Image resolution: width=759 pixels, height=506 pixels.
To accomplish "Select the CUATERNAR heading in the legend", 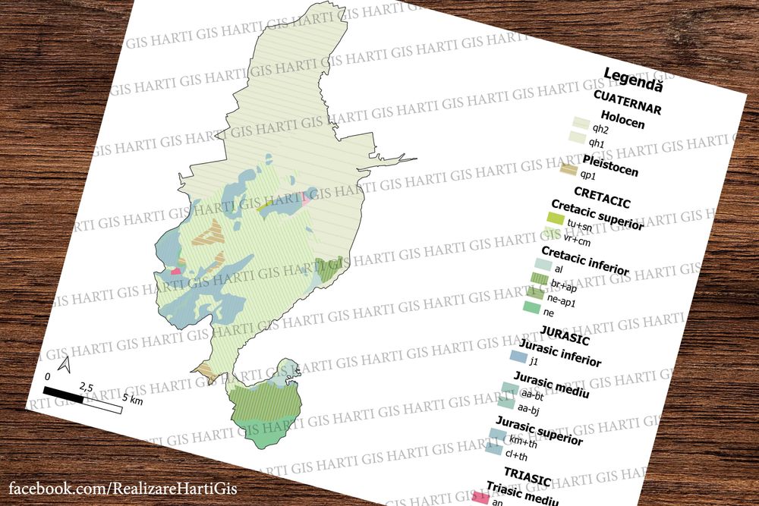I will click(x=627, y=102).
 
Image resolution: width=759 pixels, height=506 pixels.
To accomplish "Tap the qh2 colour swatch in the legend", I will click(x=581, y=123).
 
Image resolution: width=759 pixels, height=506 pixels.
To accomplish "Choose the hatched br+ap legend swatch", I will click(x=540, y=279).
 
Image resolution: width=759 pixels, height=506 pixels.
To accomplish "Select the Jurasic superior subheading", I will click(x=540, y=430).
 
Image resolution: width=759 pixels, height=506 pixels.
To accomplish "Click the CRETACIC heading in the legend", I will click(x=603, y=199).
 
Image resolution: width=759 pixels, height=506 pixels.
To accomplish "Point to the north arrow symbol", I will click(x=65, y=364).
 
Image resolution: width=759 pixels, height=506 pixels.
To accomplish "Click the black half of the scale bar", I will click(x=64, y=394).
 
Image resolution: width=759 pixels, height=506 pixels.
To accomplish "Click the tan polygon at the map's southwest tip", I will click(x=203, y=372).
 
